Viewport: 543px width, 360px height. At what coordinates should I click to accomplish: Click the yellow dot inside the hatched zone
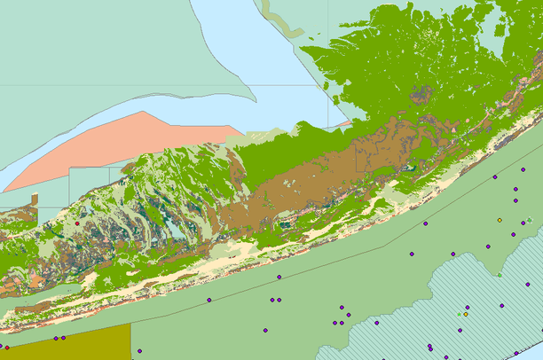coord(466,313)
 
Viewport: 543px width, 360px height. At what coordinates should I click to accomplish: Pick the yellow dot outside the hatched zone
coord(500,220)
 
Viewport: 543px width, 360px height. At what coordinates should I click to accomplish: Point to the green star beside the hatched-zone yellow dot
coord(459,313)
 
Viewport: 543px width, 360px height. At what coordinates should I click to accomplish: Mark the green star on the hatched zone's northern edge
coord(499,275)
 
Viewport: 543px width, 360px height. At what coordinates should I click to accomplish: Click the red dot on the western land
coord(78,223)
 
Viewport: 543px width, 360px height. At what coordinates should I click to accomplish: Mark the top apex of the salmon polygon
coord(142,112)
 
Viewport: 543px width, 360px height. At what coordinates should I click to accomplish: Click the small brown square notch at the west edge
coord(34,200)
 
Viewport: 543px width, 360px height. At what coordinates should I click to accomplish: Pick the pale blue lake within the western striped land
coord(177,232)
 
